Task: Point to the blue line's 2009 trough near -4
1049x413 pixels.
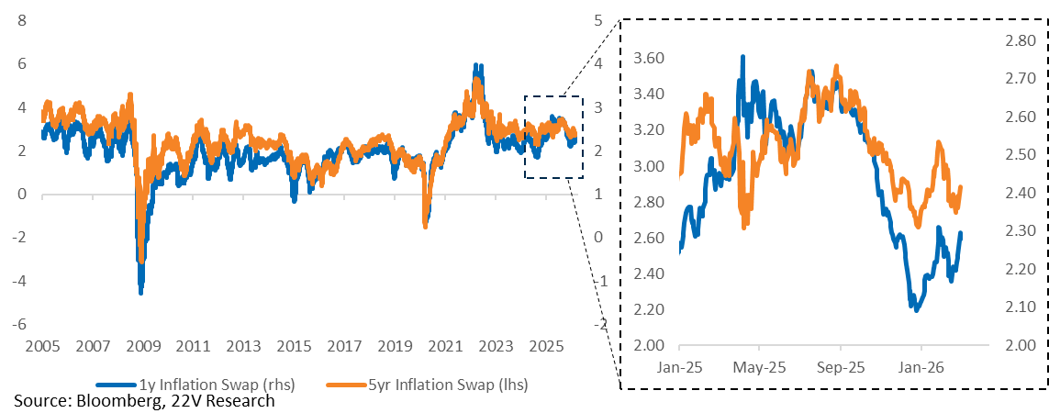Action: (140, 292)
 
